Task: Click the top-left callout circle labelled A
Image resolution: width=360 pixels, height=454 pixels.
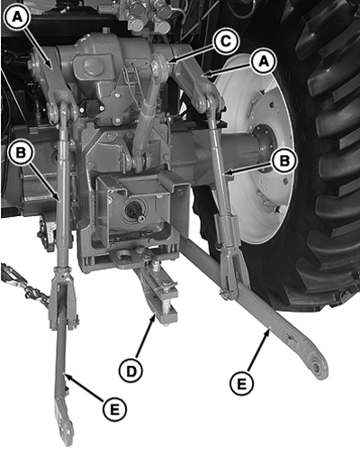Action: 17,17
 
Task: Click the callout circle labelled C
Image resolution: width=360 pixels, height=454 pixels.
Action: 226,41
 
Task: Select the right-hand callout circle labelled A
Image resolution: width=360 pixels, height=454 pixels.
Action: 264,61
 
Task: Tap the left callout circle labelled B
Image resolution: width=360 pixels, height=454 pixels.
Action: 21,152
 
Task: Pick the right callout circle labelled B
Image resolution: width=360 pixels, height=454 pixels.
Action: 283,160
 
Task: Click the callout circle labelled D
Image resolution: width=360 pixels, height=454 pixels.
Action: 130,371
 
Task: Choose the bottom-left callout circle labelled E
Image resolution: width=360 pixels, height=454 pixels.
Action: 114,409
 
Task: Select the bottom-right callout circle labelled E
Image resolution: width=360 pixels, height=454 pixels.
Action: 241,384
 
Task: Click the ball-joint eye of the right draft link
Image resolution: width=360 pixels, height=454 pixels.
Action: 317,366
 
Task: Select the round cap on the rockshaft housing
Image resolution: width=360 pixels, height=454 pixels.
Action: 93,66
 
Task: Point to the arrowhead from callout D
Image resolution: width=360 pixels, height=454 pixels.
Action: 153,319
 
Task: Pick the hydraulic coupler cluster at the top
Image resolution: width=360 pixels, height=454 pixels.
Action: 148,15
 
